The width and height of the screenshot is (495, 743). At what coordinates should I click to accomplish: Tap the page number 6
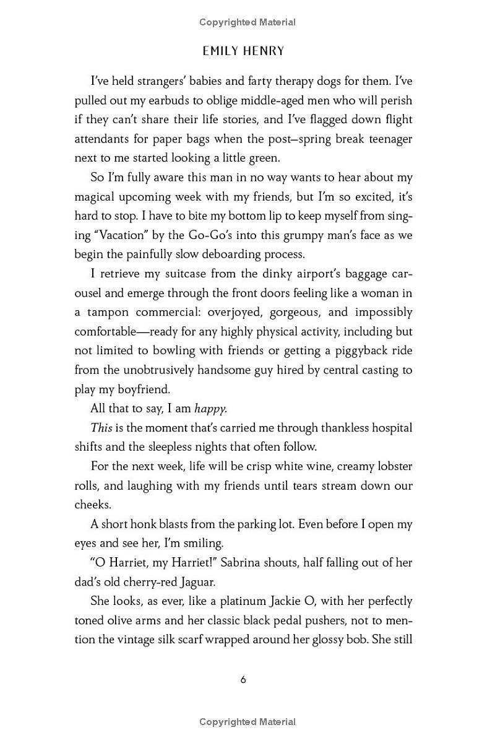[243, 679]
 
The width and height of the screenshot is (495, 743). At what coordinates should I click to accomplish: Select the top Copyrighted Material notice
[247, 22]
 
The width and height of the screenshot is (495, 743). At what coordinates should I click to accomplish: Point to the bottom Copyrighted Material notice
[247, 722]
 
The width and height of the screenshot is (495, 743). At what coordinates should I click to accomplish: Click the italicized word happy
[210, 409]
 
